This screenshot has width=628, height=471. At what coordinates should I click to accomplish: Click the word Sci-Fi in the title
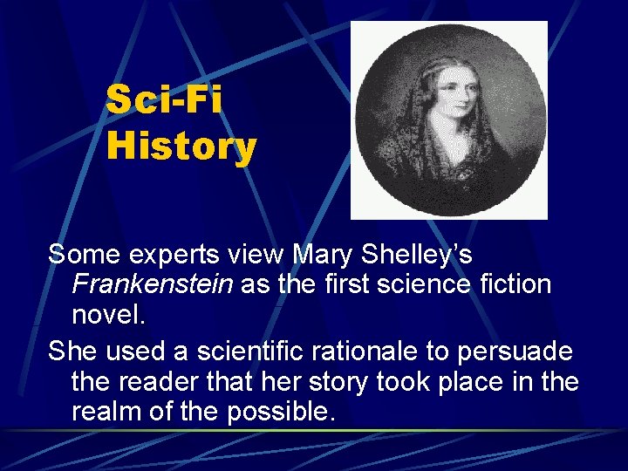[164, 99]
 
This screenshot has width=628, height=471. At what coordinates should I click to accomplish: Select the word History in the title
[181, 146]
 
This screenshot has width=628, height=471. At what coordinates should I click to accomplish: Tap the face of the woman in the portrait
[444, 95]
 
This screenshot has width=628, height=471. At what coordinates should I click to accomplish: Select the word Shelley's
[422, 255]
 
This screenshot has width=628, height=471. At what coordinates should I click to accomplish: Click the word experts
[166, 256]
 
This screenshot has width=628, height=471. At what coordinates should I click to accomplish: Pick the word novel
[108, 314]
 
